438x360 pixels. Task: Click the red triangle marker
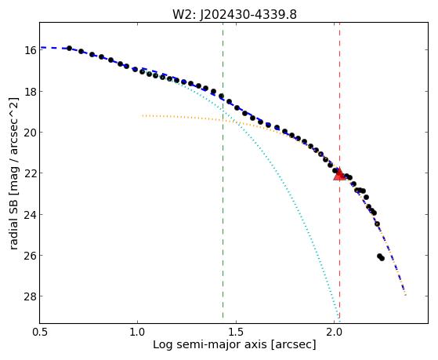click(x=339, y=174)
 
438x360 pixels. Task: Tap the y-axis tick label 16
click(x=31, y=51)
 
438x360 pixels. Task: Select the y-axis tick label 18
click(x=31, y=92)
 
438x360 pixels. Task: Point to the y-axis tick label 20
click(x=31, y=133)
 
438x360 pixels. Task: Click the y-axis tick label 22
click(x=31, y=173)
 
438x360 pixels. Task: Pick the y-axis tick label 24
click(x=31, y=215)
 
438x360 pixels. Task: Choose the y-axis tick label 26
click(x=31, y=256)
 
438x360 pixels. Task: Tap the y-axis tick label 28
click(x=31, y=296)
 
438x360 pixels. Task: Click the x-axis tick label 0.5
click(x=40, y=333)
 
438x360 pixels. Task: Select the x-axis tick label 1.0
click(x=137, y=333)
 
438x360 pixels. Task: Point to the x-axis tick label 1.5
click(x=236, y=333)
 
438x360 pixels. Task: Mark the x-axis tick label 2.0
click(x=335, y=333)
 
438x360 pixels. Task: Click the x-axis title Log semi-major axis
click(x=209, y=344)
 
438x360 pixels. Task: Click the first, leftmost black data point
click(x=69, y=48)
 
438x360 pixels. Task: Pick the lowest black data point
click(x=382, y=259)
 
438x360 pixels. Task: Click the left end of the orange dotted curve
click(x=143, y=115)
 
